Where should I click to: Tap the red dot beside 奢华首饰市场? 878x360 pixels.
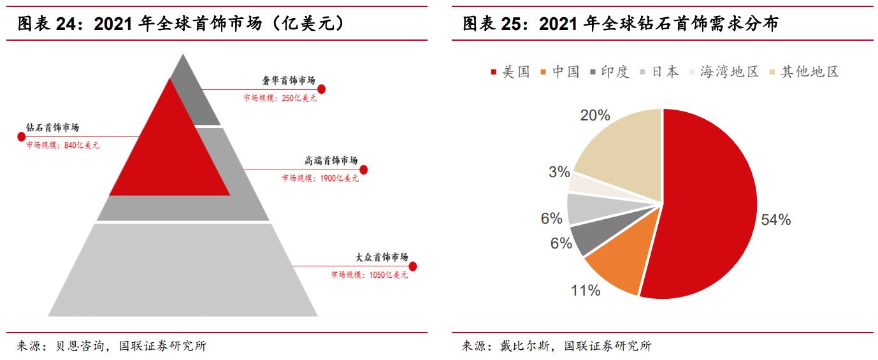[x=321, y=89]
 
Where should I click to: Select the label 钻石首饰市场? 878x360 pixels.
[x=52, y=127]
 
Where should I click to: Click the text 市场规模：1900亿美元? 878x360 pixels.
[x=320, y=178]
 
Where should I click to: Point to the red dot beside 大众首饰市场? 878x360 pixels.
[x=412, y=266]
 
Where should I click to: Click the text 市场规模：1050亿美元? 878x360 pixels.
[x=369, y=275]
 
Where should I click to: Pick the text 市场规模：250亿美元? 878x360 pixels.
[x=279, y=98]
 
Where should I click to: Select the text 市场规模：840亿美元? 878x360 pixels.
[x=62, y=145]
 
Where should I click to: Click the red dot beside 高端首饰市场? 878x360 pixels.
[x=364, y=169]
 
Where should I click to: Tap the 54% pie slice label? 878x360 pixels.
[x=775, y=220]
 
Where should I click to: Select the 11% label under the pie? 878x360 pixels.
[x=586, y=291]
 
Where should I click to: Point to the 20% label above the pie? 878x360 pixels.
[x=595, y=115]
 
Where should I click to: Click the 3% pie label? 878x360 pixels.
[x=559, y=172]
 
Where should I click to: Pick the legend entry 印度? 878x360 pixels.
[x=610, y=72]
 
